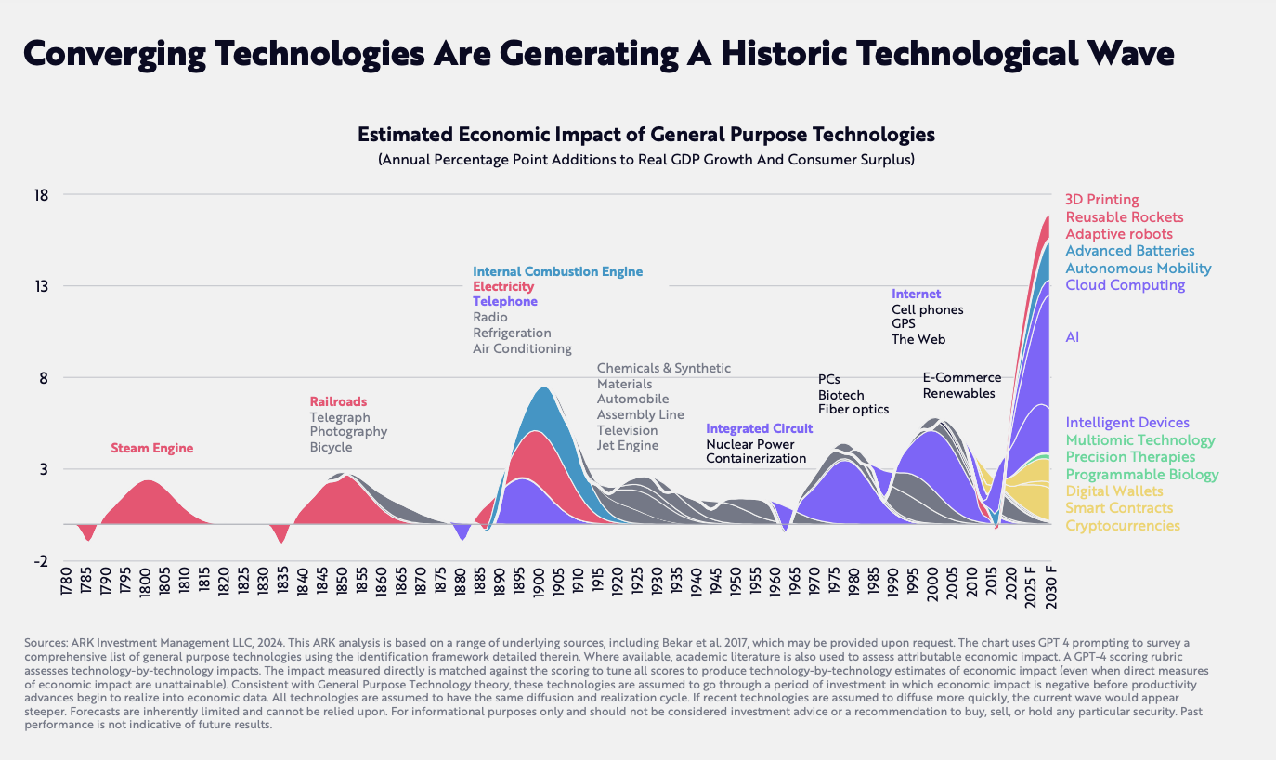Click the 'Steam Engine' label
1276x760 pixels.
[x=152, y=449]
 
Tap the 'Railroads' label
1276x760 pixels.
[x=338, y=401]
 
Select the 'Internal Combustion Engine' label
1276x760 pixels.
[x=558, y=271]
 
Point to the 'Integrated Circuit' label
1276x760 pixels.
[x=760, y=428]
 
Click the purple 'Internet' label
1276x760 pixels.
[x=916, y=294]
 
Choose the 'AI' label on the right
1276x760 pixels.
[x=1072, y=337]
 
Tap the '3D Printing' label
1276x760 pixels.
[x=1102, y=200]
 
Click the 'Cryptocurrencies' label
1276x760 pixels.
[x=1123, y=525]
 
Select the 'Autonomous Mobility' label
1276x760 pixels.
[x=1139, y=269]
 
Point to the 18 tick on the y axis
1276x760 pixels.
[x=41, y=195]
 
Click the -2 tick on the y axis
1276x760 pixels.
[x=41, y=561]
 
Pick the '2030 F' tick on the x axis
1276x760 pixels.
[x=1050, y=587]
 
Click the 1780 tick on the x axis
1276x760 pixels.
[x=66, y=581]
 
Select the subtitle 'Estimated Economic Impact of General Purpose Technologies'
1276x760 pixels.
[x=646, y=135]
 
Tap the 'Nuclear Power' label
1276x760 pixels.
[x=749, y=444]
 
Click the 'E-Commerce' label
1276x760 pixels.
[x=961, y=378]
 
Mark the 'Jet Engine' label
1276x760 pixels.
[x=628, y=446]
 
